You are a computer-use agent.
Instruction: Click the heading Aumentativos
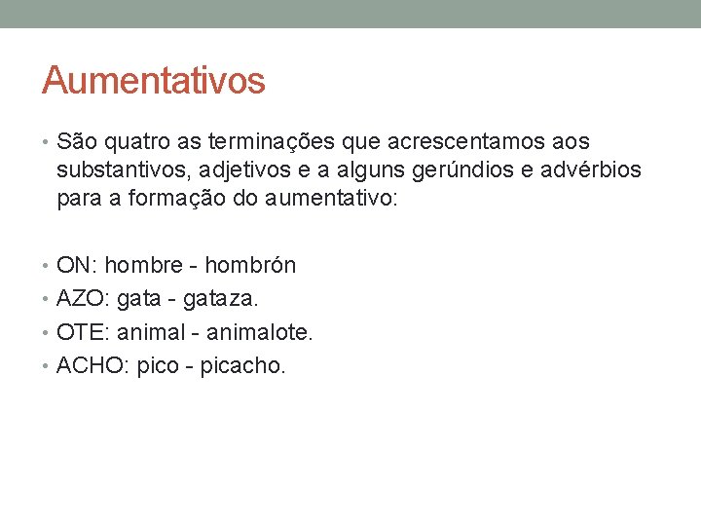[x=153, y=81]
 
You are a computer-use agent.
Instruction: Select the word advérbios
[x=593, y=170]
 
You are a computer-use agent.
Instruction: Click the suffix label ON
[x=75, y=265]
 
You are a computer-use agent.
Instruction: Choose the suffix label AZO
[x=81, y=299]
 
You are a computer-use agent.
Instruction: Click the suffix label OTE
[x=81, y=332]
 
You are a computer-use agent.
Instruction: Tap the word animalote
[x=259, y=332]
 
